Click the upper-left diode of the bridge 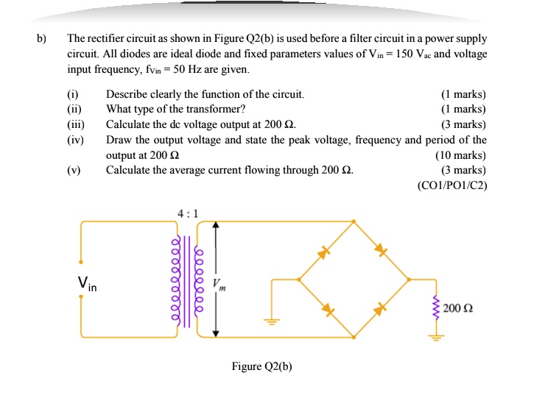(322, 253)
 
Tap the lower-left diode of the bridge (329, 310)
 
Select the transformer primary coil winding (175, 280)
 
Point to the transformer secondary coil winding (198, 280)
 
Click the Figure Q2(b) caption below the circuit (261, 366)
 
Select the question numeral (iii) (76, 124)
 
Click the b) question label (43, 39)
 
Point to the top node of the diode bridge (354, 221)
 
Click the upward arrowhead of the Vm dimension (215, 226)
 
